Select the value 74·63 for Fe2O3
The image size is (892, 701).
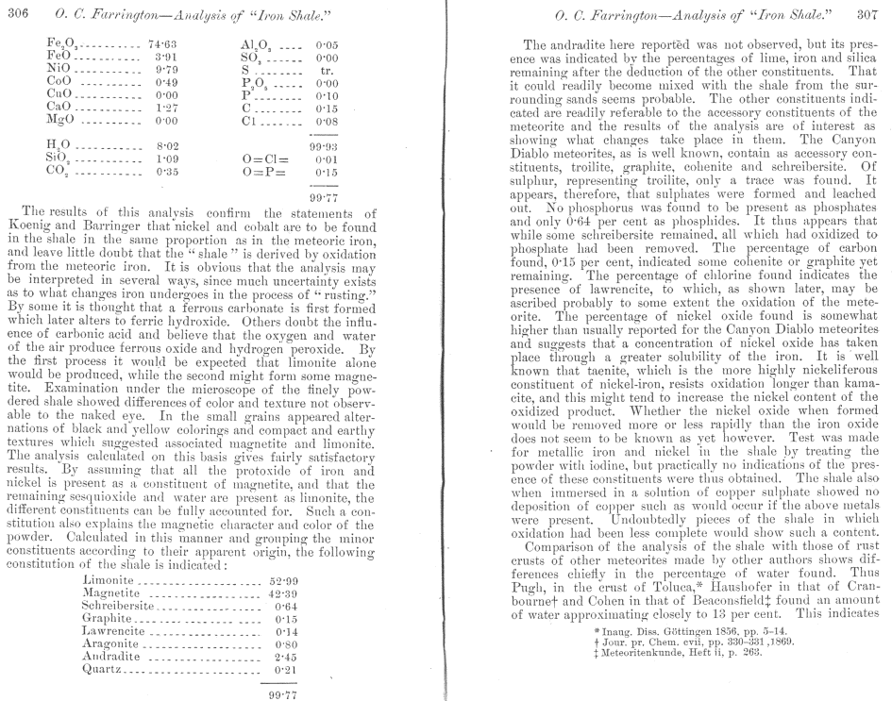click(164, 43)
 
